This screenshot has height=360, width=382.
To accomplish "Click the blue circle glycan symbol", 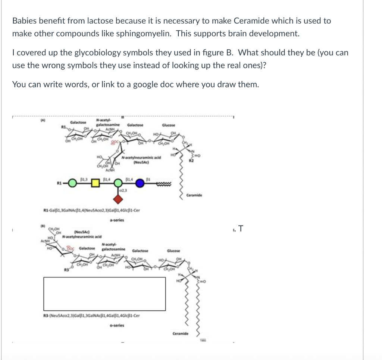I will (x=140, y=184).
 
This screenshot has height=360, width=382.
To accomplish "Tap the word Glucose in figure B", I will (x=174, y=251).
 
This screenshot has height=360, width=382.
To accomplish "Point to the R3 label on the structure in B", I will (x=66, y=269).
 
